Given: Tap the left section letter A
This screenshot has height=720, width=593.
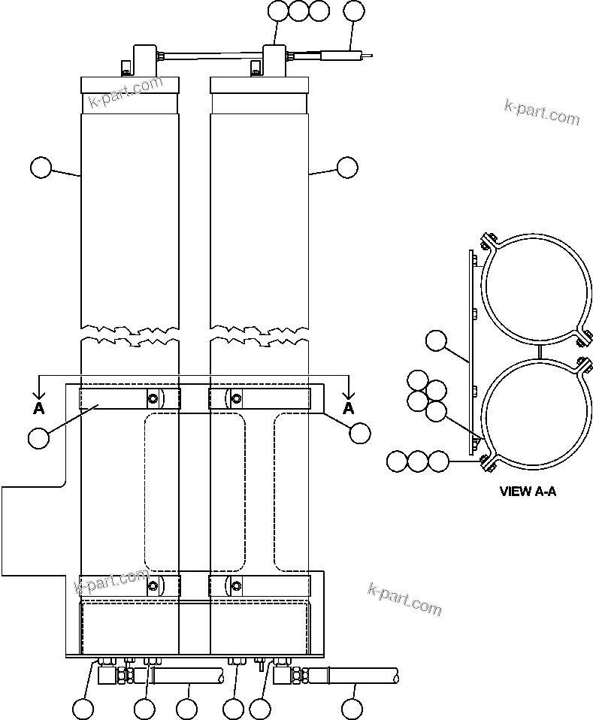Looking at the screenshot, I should (x=38, y=408).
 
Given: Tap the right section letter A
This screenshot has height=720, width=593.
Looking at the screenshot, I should (x=348, y=408).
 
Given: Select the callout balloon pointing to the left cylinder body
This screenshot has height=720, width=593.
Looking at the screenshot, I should (x=41, y=168).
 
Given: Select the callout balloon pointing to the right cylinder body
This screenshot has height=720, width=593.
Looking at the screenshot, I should (x=347, y=168).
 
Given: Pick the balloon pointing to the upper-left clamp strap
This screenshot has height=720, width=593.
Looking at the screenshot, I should (x=38, y=436).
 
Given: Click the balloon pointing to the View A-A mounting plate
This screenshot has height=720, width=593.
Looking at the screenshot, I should (x=436, y=342).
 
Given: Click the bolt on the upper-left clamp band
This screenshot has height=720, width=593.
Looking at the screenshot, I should (x=153, y=398).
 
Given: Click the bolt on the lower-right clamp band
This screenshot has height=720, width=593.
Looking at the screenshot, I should (x=236, y=585).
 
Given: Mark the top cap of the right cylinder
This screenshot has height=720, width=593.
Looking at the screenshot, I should (x=259, y=84).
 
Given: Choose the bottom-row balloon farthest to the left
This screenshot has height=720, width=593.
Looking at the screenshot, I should (x=83, y=708).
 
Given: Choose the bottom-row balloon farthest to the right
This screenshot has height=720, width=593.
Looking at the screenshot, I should (x=352, y=708).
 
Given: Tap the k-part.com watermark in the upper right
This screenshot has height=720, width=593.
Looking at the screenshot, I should (x=541, y=113).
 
